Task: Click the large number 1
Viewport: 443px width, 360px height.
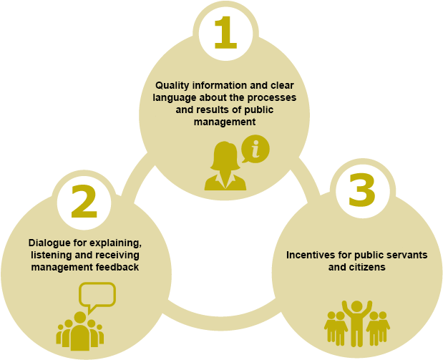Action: tap(225, 32)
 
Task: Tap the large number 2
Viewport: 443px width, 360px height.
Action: tap(84, 202)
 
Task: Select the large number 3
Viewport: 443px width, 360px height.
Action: tap(362, 190)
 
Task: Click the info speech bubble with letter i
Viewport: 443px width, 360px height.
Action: tap(255, 149)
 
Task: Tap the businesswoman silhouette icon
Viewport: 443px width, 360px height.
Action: tap(225, 165)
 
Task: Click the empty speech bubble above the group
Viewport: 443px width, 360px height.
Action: tap(97, 297)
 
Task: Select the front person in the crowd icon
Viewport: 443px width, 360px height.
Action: tap(80, 331)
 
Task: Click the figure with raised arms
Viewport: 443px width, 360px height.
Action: tap(357, 323)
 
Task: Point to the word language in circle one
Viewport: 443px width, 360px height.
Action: tap(175, 98)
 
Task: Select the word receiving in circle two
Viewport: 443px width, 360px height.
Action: tap(117, 255)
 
